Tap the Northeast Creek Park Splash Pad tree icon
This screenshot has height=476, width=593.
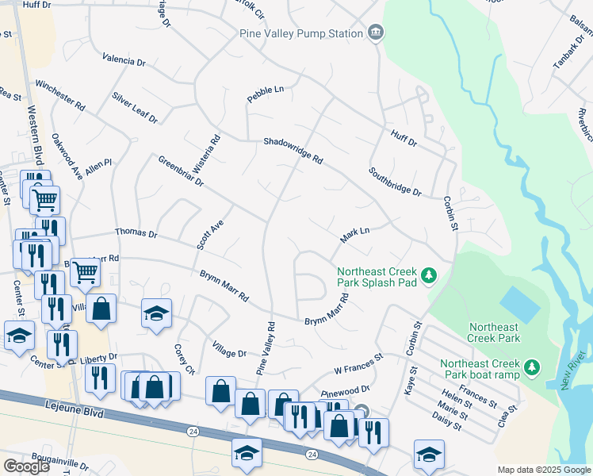coord(430,275)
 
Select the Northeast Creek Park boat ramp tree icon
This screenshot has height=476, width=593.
coord(533,367)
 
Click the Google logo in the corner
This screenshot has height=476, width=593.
coord(26,466)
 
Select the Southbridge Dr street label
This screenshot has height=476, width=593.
coord(394,182)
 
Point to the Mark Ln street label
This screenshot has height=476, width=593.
coord(355,233)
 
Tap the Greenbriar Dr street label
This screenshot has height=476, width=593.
coord(181,171)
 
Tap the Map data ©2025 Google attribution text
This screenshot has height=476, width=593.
coord(544,470)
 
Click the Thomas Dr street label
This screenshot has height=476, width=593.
coord(136,234)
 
